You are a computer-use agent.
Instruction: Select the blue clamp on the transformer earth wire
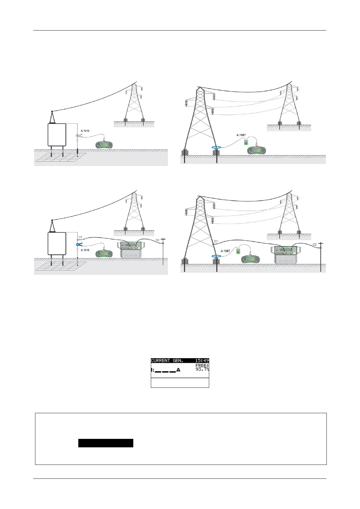pyautogui.click(x=79, y=245)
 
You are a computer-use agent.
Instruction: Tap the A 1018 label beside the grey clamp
pyautogui.click(x=85, y=131)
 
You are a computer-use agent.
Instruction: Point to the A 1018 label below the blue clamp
pyautogui.click(x=85, y=250)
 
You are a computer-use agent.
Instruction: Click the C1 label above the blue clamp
pyautogui.click(x=80, y=237)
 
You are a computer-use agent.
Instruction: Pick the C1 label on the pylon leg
pyautogui.click(x=216, y=241)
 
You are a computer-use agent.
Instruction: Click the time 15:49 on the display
pyautogui.click(x=202, y=361)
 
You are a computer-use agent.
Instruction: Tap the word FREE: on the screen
pyautogui.click(x=202, y=365)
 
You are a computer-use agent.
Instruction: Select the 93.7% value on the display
pyautogui.click(x=202, y=369)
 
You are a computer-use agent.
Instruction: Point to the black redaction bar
pyautogui.click(x=105, y=443)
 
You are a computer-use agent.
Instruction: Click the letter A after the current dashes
pyautogui.click(x=178, y=370)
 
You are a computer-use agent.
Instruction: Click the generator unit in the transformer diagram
pyautogui.click(x=132, y=250)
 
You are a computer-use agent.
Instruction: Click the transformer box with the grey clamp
pyautogui.click(x=57, y=135)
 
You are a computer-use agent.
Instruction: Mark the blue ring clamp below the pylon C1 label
pyautogui.click(x=216, y=256)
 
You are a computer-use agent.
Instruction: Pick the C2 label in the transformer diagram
pyautogui.click(x=157, y=240)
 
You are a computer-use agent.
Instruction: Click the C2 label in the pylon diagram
pyautogui.click(x=315, y=244)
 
